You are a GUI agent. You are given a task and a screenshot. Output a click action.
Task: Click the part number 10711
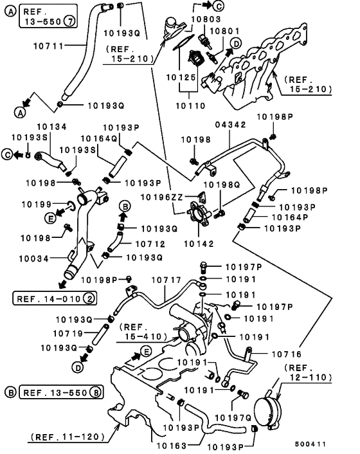click(48, 46)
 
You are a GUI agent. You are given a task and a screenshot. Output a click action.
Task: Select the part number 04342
click(230, 125)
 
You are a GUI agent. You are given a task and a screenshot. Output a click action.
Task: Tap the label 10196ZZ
click(162, 197)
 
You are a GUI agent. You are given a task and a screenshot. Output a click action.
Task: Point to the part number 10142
click(199, 244)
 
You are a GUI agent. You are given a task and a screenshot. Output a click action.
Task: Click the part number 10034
click(34, 259)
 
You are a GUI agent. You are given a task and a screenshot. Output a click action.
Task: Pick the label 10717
click(166, 280)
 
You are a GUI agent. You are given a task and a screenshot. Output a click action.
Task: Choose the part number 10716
click(287, 354)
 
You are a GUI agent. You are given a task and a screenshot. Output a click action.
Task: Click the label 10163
click(172, 446)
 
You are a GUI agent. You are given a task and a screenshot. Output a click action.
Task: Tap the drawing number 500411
click(310, 444)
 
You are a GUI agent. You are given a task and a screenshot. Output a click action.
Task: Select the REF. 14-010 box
click(55, 298)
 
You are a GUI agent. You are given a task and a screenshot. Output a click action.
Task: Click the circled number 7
click(69, 21)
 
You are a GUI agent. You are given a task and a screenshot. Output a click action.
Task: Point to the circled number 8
click(96, 393)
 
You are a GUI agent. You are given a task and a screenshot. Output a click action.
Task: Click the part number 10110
click(190, 106)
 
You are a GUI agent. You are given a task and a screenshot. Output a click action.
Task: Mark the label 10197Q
click(233, 418)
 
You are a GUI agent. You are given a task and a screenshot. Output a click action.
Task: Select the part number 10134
click(52, 127)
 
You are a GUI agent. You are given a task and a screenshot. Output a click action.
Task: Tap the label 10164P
click(290, 217)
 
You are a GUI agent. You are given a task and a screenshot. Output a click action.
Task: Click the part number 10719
click(68, 334)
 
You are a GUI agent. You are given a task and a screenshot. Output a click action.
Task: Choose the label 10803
click(206, 19)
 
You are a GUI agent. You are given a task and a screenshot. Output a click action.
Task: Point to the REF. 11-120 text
click(67, 437)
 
